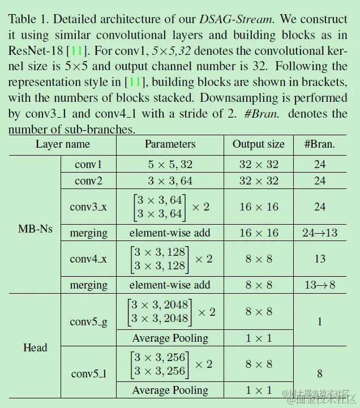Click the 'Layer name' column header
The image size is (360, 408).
62,144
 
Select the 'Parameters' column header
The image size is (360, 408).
170,144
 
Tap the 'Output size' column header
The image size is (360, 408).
259,144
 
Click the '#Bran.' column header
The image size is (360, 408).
320,144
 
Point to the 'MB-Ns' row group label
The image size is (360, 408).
35,229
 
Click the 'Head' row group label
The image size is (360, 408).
35,347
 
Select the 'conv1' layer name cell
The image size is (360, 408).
88,165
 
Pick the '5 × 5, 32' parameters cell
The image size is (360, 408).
170,165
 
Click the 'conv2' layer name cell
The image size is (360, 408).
88,181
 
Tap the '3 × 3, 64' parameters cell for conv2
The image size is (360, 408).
170,181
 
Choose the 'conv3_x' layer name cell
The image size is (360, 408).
88,207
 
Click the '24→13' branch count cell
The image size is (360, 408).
320,233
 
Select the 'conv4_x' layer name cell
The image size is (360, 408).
88,259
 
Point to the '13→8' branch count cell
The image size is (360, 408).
320,285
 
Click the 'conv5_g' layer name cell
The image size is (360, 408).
88,321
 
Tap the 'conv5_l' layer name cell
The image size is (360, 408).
88,373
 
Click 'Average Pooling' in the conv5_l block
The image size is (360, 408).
170,390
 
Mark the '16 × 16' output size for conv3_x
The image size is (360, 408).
259,207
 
